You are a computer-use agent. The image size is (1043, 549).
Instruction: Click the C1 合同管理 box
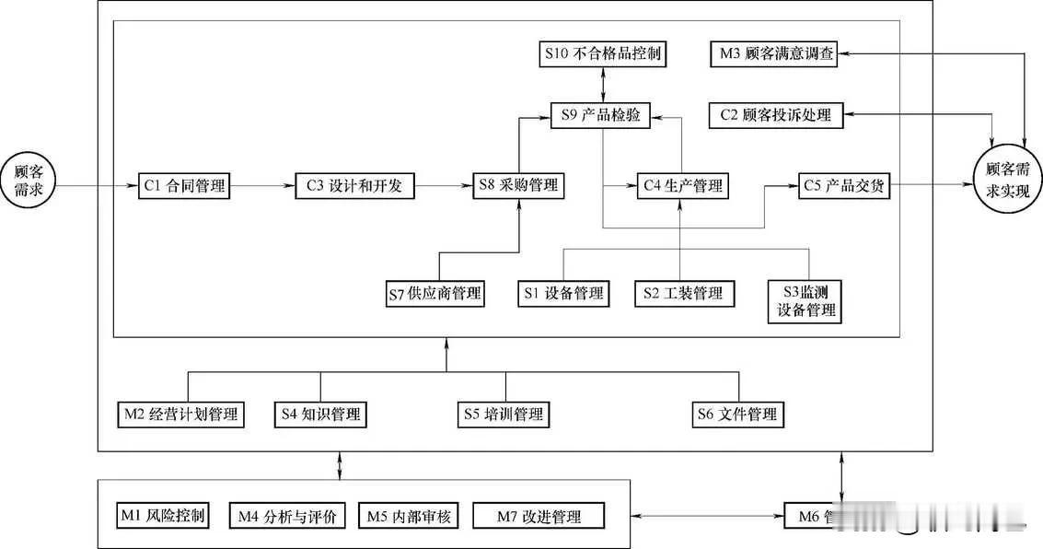click(184, 186)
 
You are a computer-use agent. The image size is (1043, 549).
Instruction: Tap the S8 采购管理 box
click(518, 186)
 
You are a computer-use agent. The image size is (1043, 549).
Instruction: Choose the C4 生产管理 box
click(682, 186)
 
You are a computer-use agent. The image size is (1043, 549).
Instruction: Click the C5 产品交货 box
click(844, 186)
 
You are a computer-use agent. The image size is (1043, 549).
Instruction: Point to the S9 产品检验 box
click(601, 115)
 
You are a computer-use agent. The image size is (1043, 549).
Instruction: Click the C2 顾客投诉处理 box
click(774, 115)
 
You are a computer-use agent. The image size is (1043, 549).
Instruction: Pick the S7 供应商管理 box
click(435, 294)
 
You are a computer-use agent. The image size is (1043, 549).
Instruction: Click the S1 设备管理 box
click(563, 294)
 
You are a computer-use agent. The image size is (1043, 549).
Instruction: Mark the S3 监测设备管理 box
click(805, 301)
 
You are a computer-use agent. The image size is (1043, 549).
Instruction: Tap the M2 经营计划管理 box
click(180, 415)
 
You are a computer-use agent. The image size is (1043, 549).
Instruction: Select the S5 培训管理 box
click(504, 415)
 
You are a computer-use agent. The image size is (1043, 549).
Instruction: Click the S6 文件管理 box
click(738, 415)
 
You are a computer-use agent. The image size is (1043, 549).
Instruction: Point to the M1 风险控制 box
click(163, 515)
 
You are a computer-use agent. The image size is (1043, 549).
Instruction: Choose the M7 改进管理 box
click(539, 516)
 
